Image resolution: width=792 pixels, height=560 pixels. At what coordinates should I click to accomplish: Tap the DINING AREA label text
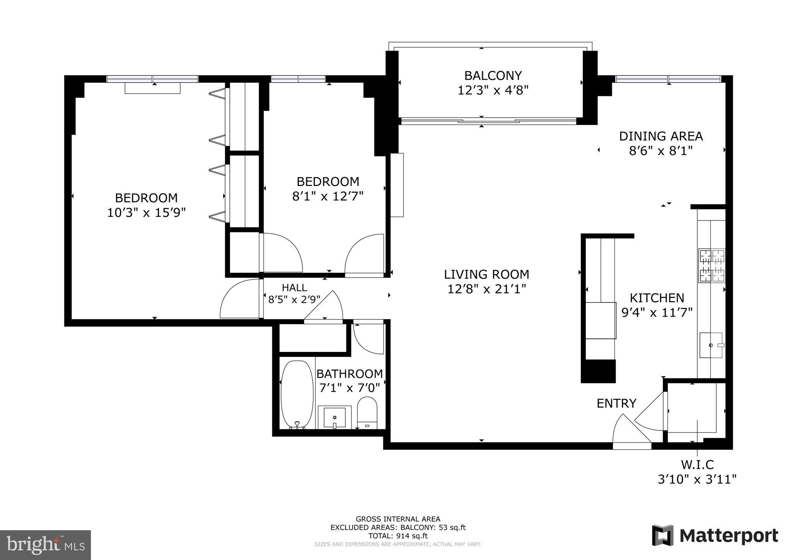point(661,136)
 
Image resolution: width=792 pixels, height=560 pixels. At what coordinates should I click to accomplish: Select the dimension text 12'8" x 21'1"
point(486,289)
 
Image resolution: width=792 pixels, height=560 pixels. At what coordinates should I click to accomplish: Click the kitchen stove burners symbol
point(711,265)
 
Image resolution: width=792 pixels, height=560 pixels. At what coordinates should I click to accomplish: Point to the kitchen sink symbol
point(711,345)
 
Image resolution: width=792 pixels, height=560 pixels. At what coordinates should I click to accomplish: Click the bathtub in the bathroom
point(297,394)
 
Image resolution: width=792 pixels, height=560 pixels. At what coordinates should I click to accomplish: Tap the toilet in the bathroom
point(367,412)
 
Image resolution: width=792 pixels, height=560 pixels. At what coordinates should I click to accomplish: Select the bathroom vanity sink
point(334,417)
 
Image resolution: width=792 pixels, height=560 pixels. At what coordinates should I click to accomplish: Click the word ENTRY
point(616,403)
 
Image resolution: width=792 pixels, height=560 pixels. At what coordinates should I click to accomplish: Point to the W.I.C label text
point(697,464)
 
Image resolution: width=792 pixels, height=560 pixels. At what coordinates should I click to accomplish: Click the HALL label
point(294,287)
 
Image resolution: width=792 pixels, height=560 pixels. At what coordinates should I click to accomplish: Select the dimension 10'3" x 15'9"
point(146,212)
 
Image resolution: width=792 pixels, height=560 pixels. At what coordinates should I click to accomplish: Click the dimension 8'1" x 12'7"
point(328,196)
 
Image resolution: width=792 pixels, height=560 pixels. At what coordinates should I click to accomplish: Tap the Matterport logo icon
point(662,536)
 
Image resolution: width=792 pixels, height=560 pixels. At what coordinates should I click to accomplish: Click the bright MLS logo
point(45,545)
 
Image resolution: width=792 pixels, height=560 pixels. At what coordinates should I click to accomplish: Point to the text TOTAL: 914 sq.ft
point(398,536)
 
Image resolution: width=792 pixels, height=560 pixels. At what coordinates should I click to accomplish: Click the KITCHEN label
point(657,298)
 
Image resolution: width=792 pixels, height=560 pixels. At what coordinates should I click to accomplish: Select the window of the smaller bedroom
point(298,79)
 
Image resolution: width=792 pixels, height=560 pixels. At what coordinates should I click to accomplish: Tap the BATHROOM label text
point(349,374)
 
